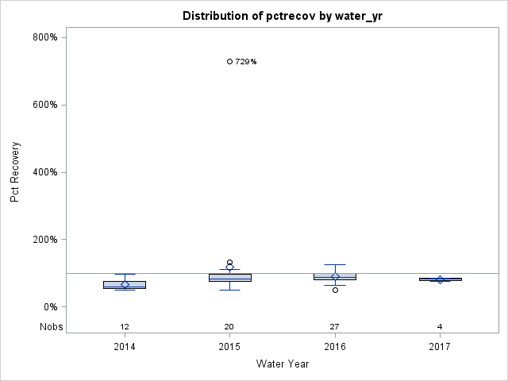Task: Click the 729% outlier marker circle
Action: pos(229,61)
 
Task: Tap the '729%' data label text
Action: pos(246,61)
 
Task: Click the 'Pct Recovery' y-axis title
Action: pos(15,172)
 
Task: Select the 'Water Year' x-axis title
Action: pos(282,364)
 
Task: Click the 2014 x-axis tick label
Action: pos(125,347)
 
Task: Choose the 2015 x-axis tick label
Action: pos(229,347)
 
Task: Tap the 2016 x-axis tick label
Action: pos(335,347)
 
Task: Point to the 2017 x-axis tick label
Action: pos(440,347)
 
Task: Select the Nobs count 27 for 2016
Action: pos(335,326)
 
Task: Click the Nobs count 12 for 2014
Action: pos(125,326)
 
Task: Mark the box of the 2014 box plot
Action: pos(125,284)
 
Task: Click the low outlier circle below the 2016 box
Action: pos(335,290)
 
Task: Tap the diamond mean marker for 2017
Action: pos(440,279)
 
